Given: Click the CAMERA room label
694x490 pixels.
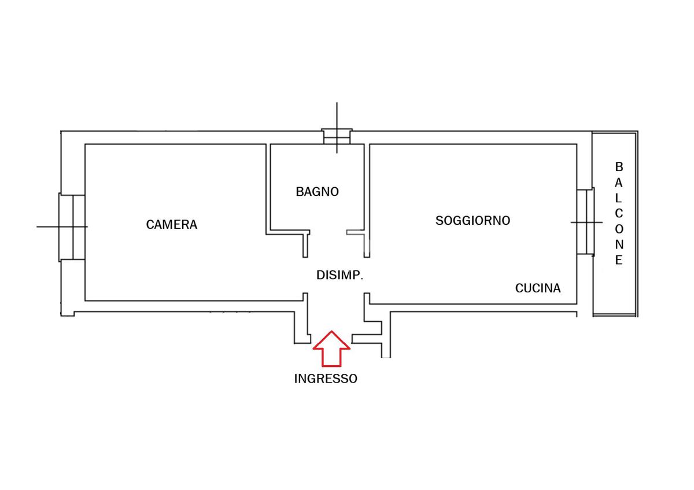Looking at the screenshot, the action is pos(172,224).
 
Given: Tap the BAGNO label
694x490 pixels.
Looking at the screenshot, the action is pos(318,192).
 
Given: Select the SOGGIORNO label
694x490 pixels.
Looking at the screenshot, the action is pos(473,220).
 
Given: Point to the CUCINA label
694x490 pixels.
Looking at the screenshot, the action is pos(538,288).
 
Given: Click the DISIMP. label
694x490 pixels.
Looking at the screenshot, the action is pos(339,275).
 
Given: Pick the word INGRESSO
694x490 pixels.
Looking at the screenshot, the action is pos(326,378).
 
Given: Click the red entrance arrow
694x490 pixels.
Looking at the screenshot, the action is pos(331,348).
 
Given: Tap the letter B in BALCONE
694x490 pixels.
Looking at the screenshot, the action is pos(619,167).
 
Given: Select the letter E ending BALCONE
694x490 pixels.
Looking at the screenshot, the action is pos(619,260).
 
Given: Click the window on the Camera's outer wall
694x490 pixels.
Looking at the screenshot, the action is pos(72,227).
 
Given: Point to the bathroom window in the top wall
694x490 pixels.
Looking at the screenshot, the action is pos(337,136).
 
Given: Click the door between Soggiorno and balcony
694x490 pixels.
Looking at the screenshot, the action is pos(585,222).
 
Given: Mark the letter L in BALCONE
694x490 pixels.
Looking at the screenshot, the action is pos(618,198).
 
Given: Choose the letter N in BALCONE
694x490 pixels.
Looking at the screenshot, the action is pos(619,244).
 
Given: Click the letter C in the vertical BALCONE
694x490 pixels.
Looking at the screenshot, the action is pos(619,214).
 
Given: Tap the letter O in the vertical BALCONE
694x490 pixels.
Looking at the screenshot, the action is pos(619,229).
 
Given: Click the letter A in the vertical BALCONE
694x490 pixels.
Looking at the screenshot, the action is pos(619,183).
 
